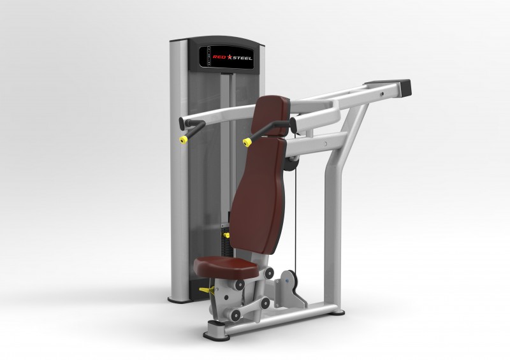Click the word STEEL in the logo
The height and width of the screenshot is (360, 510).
242,58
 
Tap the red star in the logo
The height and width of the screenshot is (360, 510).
229,57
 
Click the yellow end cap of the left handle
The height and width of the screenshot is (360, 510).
184,140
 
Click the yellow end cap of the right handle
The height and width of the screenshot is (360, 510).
247,142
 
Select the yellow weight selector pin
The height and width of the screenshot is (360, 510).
226,235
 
